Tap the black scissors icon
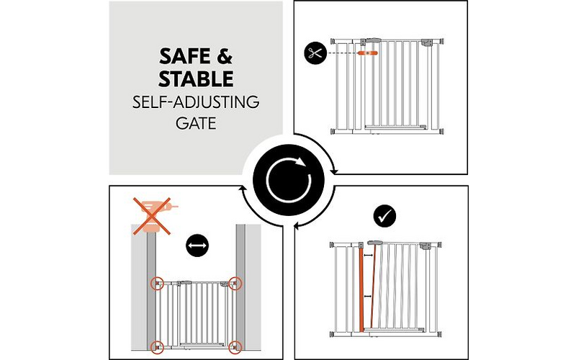tap(314, 53)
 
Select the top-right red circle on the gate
tap(235, 282)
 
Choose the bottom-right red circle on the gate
tap(235, 346)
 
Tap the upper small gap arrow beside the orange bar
tap(369, 255)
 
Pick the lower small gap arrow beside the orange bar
tap(369, 296)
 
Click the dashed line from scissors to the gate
tap(342, 53)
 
